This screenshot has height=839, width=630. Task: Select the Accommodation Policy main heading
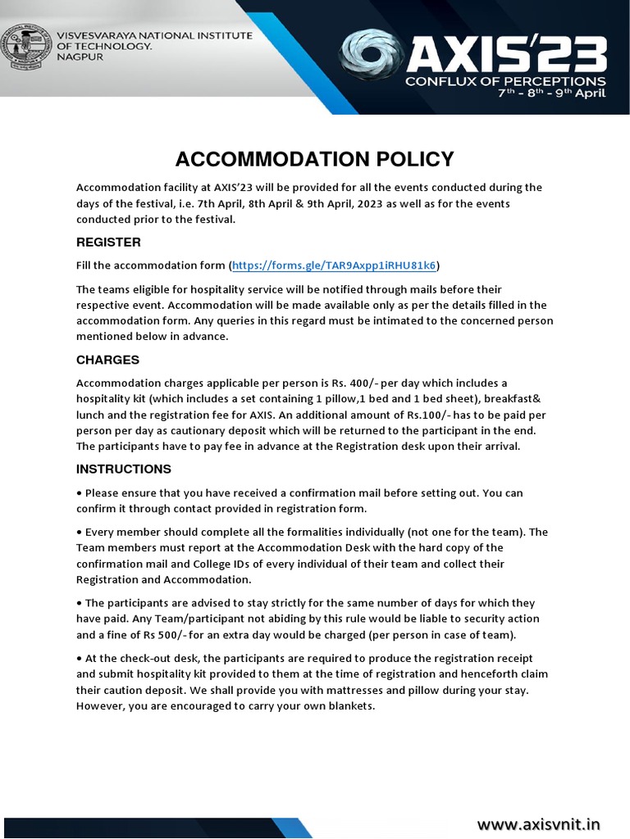[315, 158]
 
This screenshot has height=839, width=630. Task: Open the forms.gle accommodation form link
[335, 265]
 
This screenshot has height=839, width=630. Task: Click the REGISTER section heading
[108, 243]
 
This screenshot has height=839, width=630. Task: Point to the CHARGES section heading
[107, 360]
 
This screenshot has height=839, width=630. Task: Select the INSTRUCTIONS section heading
[123, 469]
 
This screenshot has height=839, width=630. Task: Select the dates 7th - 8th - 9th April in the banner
[552, 94]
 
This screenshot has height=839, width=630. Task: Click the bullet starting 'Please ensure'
[80, 493]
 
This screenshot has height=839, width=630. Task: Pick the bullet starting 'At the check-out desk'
[80, 658]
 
